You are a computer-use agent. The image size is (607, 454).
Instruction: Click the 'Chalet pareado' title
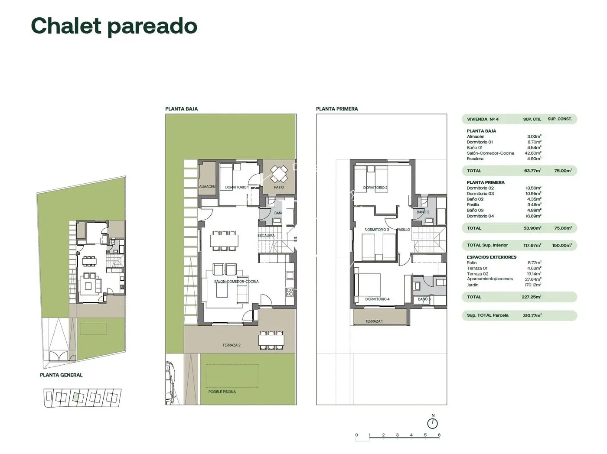point(114,26)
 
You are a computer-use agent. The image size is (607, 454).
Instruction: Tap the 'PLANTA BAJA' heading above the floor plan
point(181,109)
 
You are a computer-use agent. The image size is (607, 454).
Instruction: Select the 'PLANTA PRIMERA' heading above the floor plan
point(337,109)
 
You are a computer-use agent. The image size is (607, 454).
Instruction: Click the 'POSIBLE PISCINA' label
point(222,392)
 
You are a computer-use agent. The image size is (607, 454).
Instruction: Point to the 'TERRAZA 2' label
point(231,345)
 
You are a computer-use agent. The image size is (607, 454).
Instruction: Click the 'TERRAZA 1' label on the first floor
point(373,321)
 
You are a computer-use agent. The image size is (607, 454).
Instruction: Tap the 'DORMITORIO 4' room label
point(377,299)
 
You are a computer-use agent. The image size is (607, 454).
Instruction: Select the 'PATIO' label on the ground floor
point(279,187)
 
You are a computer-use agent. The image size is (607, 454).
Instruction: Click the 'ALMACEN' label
point(207,187)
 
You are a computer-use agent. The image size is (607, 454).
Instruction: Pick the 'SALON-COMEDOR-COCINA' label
point(236,282)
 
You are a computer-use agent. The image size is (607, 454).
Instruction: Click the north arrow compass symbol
point(432,423)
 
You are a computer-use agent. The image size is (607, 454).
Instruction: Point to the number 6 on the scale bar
point(439,435)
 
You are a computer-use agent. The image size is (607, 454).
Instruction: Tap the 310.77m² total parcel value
point(532,316)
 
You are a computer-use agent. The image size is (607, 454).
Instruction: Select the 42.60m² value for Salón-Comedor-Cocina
point(534,153)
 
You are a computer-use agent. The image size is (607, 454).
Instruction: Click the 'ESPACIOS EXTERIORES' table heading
point(491,257)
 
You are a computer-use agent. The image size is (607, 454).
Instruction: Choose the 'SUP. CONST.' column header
point(560,119)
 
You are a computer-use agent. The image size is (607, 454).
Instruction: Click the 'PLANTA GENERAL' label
point(61,375)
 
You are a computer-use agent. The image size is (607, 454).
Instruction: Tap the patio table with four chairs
point(279,174)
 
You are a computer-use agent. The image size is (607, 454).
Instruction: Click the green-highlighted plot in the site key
point(77,396)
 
